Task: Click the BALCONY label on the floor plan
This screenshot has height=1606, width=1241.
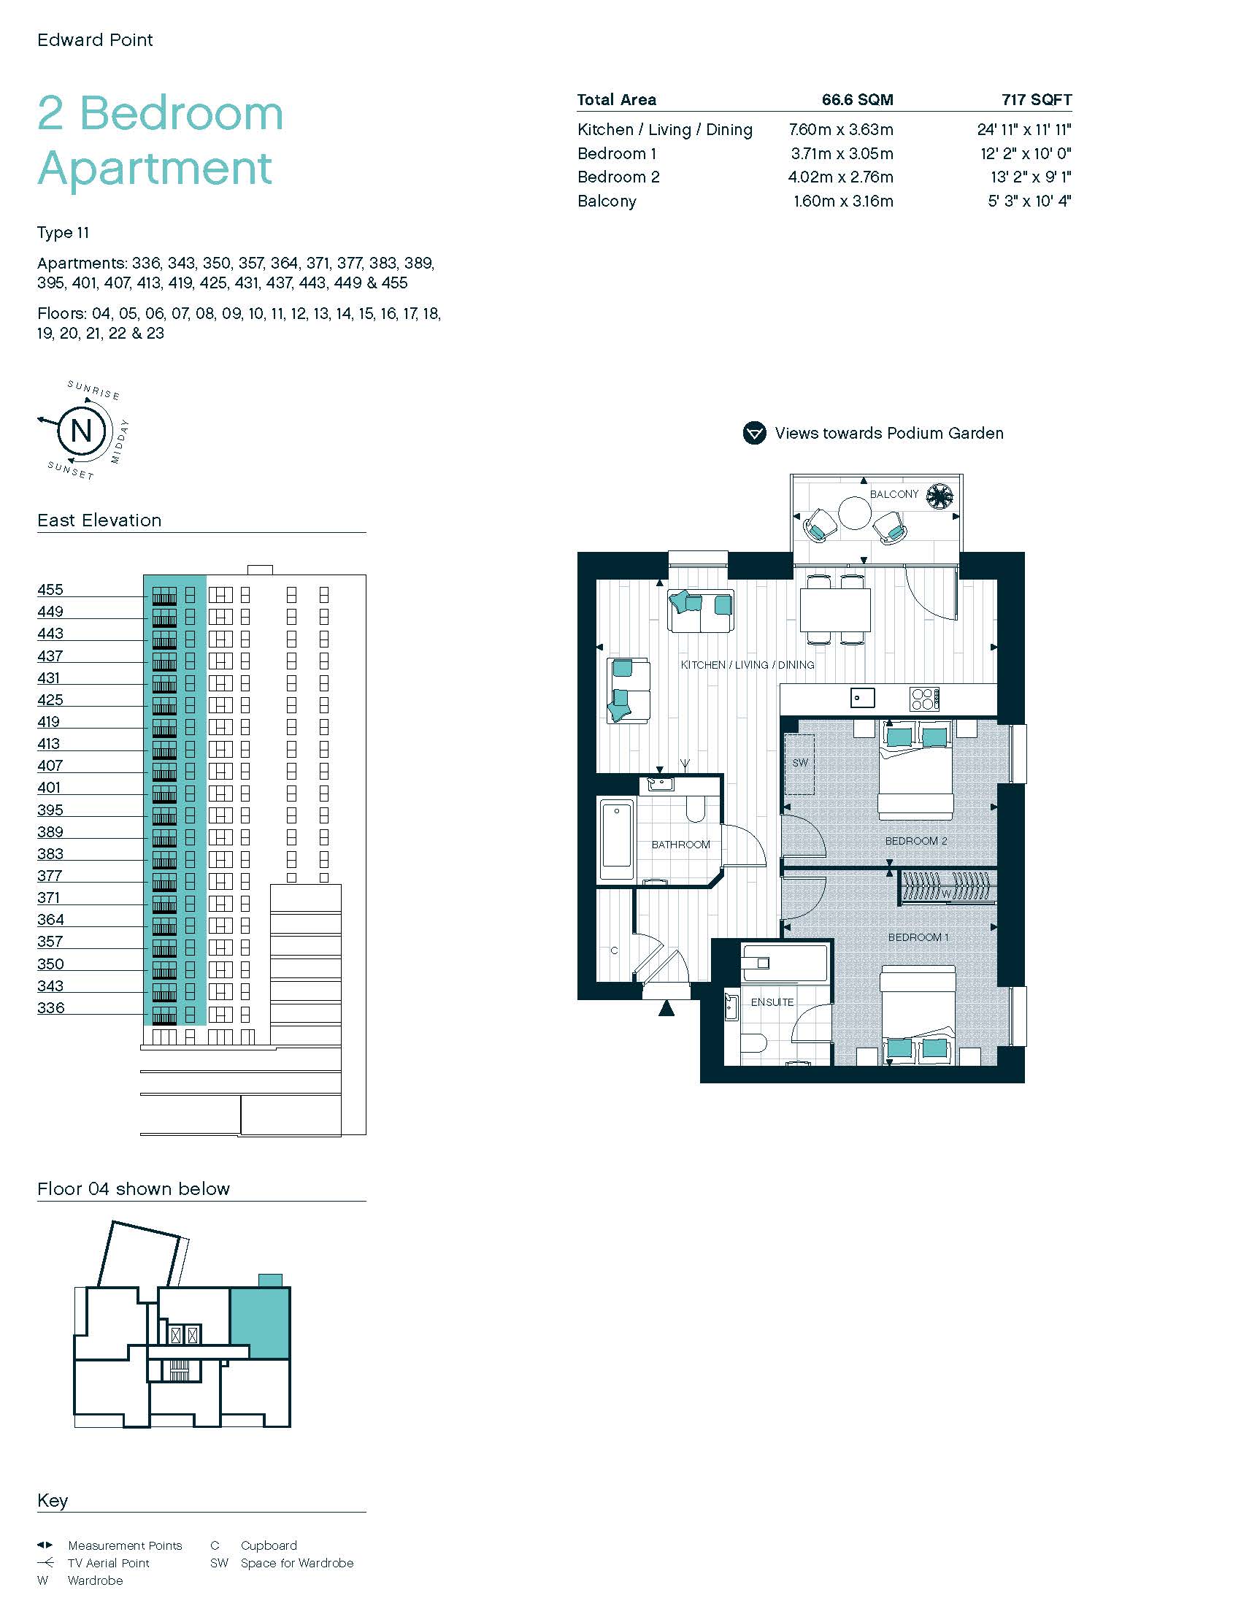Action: [x=894, y=494]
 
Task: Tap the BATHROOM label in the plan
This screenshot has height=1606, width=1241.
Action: [x=681, y=845]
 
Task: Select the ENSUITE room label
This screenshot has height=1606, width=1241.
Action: [x=772, y=1002]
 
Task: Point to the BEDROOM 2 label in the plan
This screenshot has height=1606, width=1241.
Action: [x=916, y=841]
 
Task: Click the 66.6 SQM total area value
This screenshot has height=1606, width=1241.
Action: [x=857, y=100]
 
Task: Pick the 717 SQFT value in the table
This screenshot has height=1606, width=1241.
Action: [x=1037, y=100]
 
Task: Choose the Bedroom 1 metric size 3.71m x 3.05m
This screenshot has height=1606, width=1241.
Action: [x=842, y=154]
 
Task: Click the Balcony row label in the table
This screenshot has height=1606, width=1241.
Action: [x=607, y=201]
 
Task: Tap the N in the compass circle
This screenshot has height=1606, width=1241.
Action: [x=82, y=430]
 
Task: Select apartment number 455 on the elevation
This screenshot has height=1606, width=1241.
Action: [x=50, y=590]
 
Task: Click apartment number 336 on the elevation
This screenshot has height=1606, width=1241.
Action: [x=50, y=1008]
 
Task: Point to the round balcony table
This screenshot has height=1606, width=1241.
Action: [x=855, y=513]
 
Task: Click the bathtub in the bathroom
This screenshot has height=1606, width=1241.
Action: [x=616, y=839]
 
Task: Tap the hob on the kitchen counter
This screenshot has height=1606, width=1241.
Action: [x=925, y=699]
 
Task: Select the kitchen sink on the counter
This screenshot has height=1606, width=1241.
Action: [x=862, y=698]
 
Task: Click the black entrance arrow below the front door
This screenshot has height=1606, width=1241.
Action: [x=666, y=1008]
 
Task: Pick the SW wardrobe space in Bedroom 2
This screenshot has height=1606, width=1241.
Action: [x=799, y=764]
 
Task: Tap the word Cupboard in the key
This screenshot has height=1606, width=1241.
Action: [x=269, y=1545]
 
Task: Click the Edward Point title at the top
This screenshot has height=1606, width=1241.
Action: [x=95, y=40]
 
